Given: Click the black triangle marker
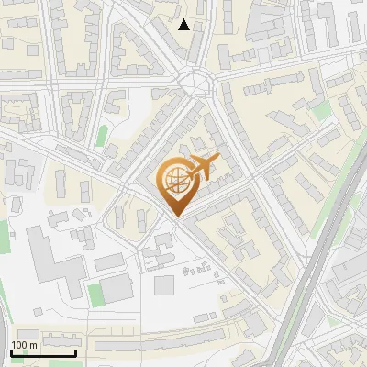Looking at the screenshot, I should point(184,25).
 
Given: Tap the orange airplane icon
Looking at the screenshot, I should point(199,168).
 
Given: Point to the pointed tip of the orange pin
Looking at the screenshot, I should point(174,216).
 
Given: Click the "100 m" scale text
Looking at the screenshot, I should point(24,345).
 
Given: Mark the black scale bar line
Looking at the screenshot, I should point(43,353).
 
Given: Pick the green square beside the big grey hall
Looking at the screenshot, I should point(95,294).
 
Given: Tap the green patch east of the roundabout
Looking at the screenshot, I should point(320,111).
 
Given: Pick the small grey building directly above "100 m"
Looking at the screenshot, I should point(28,334).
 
